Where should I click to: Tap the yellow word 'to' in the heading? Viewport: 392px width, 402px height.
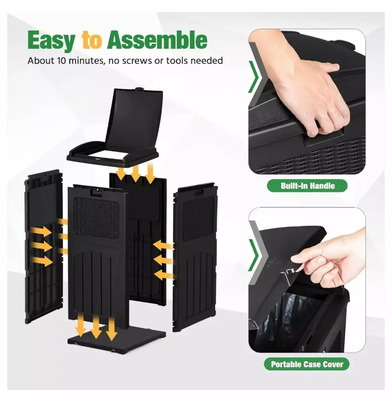[x=92, y=40]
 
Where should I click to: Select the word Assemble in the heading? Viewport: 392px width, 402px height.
[x=157, y=40]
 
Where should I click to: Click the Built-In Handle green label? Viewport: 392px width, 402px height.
[x=308, y=186]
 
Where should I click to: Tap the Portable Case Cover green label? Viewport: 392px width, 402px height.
[x=307, y=364]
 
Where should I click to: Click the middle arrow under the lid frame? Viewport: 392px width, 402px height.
[x=135, y=173]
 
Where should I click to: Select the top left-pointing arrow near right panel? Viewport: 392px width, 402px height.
[x=163, y=246]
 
